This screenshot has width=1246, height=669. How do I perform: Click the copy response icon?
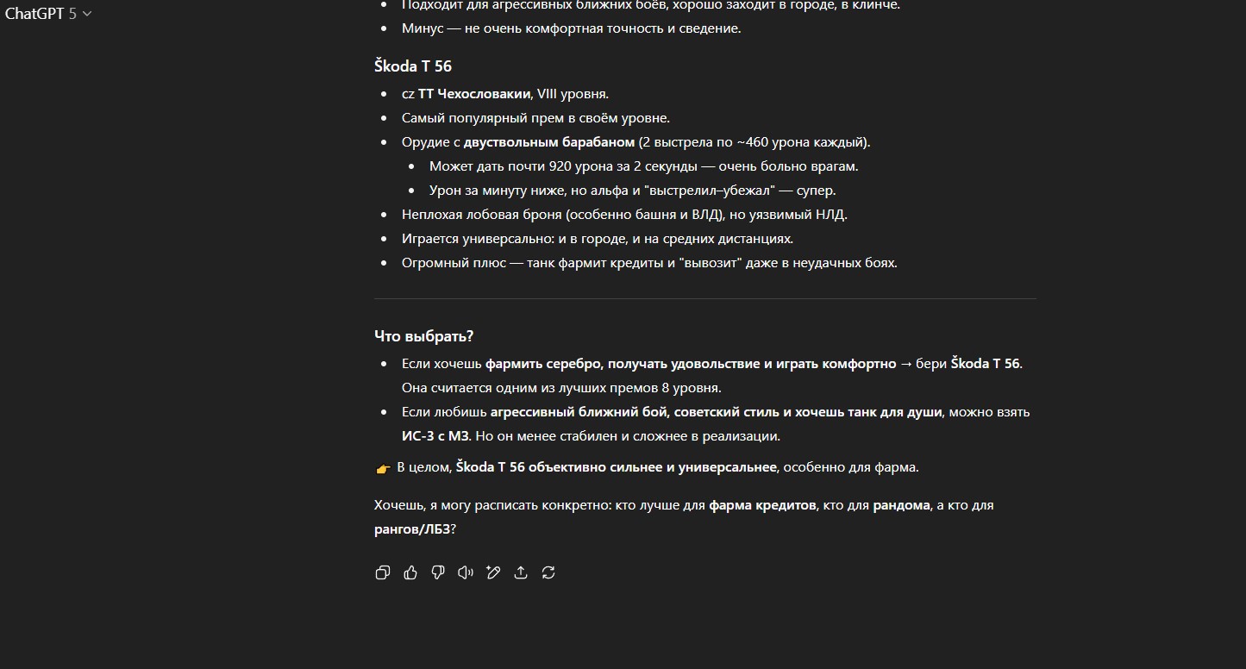point(383,572)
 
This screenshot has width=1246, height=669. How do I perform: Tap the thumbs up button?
point(410,572)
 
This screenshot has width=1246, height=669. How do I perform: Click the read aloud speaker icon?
point(466,572)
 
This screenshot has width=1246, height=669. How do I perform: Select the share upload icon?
point(521,572)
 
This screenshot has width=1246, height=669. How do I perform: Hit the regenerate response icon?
point(548,572)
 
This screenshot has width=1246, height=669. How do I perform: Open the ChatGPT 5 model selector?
point(48,14)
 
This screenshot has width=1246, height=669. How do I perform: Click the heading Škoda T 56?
point(412,66)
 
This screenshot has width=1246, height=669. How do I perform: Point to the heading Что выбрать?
point(423,336)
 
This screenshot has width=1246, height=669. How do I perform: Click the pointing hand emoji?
point(383,468)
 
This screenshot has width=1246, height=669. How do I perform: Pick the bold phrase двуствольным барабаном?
point(548,142)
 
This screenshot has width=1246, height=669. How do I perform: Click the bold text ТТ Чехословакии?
point(474,94)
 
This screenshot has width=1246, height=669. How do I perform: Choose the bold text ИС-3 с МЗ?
point(435,436)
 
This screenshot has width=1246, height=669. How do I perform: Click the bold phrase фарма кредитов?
point(762,505)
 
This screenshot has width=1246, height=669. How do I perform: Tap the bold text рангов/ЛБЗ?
point(411,529)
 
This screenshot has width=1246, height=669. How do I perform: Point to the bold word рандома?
point(901,505)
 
